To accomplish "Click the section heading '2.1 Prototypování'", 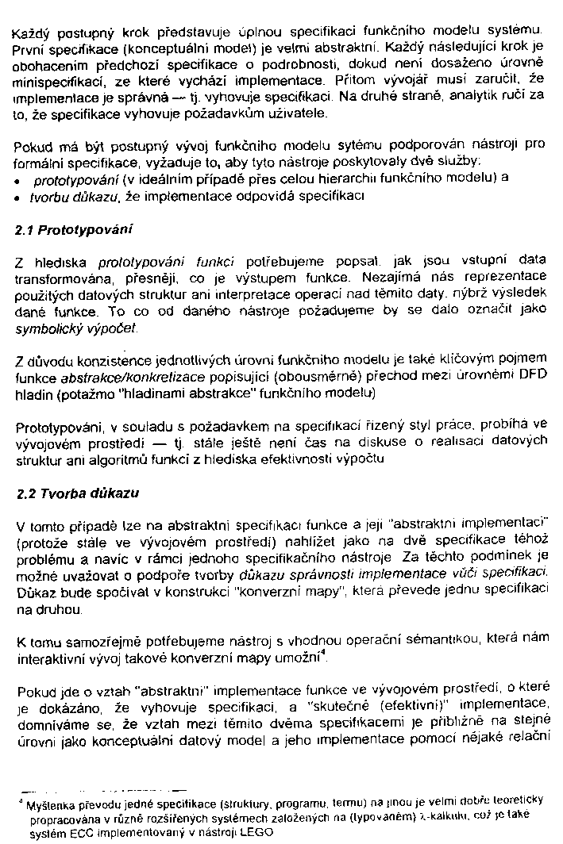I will tap(74, 230).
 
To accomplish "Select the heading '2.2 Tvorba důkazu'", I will tap(77, 493).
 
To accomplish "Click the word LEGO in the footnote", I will tap(255, 832).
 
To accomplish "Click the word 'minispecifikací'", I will tap(56, 80).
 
